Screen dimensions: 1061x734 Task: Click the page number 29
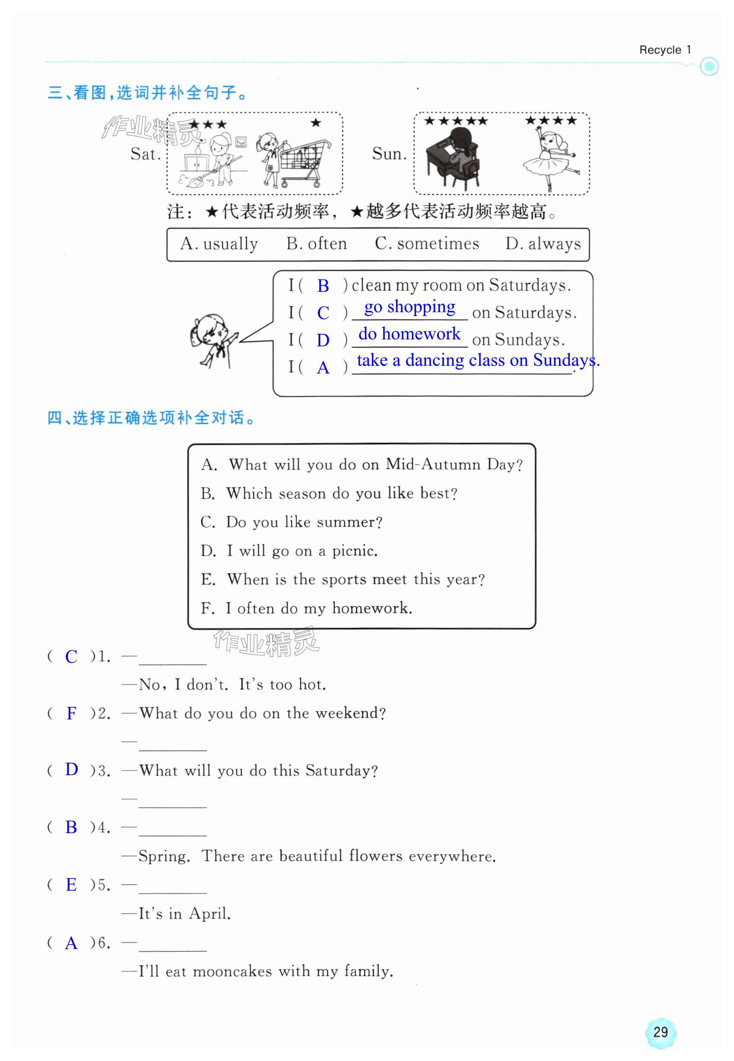coord(661,1032)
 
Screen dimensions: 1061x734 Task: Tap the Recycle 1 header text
coord(664,50)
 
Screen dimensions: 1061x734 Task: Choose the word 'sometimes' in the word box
coord(437,244)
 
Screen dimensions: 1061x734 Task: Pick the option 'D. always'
coord(543,244)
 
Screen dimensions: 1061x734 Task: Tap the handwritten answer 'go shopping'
coord(409,307)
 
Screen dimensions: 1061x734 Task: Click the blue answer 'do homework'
coord(409,334)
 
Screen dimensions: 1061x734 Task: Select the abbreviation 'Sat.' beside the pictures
coord(145,154)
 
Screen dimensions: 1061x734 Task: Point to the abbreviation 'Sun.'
coord(389,154)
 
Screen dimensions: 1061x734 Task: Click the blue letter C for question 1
coord(71,656)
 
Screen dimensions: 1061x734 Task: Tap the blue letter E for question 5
coord(71,884)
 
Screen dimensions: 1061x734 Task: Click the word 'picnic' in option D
coord(354,550)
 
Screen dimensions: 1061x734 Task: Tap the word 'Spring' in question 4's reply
coord(164,856)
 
